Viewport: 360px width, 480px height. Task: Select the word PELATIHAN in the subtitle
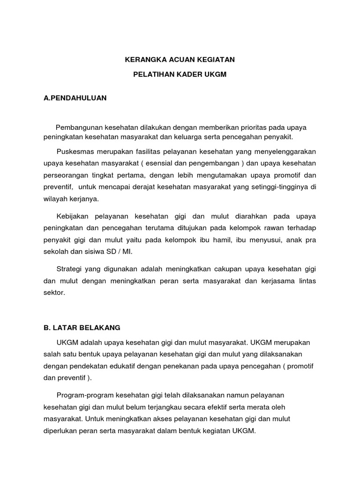153,75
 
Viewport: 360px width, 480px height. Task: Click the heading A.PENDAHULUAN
75,98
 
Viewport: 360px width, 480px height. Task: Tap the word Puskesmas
74,151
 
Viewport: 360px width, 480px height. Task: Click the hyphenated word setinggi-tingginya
278,187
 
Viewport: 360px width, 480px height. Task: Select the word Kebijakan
73,216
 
